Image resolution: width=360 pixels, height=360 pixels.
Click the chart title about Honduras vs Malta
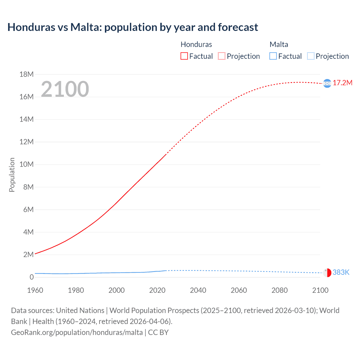pos(132,27)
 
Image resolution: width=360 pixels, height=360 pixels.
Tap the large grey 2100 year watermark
pos(65,89)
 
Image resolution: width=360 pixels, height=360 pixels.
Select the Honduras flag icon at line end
pos(327,83)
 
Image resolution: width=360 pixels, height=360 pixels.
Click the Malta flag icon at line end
pos(327,273)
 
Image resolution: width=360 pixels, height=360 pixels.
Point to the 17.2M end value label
pos(342,83)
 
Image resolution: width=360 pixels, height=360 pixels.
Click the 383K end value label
pos(341,272)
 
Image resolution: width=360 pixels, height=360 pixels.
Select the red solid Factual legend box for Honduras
pos(184,56)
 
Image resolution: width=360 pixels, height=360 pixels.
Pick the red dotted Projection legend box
pos(222,56)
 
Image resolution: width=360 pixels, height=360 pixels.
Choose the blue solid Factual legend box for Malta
pos(273,56)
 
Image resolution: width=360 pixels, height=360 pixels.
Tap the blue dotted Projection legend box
pos(310,56)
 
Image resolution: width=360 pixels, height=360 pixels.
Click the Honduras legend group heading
pos(196,44)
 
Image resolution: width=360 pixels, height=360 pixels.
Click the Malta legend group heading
pos(279,44)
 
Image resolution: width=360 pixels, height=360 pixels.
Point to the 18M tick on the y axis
pos(26,74)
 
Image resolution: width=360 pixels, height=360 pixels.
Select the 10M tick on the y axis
pos(26,164)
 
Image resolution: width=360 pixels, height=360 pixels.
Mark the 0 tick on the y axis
pos(31,277)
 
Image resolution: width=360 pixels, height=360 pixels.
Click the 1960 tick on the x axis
pos(35,290)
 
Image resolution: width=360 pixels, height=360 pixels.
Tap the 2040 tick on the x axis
pos(198,290)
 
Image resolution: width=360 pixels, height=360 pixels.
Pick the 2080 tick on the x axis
pos(280,290)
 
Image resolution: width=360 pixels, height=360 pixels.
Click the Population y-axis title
pos(12,175)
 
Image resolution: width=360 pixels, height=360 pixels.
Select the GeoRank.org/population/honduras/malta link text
pos(77,332)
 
